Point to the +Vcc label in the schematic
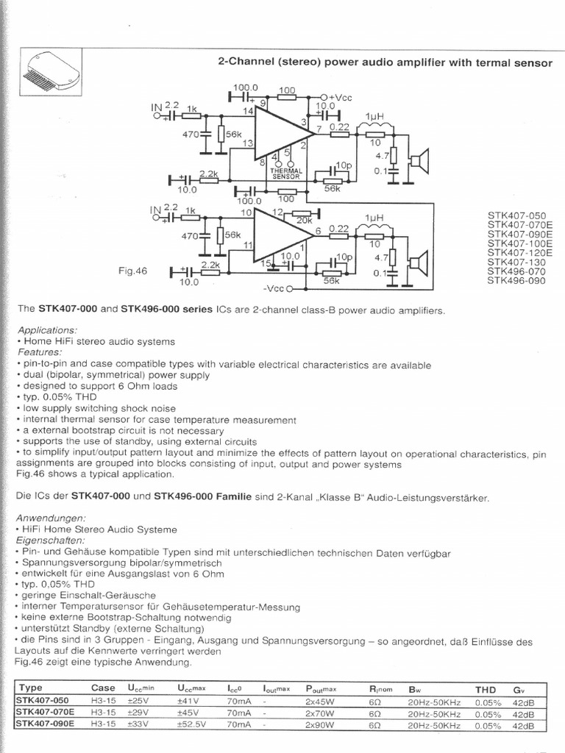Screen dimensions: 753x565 (x=343, y=97)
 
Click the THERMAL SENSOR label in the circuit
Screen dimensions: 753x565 (x=286, y=174)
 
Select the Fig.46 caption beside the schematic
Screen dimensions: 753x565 (x=132, y=271)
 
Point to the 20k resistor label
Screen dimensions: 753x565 (x=303, y=220)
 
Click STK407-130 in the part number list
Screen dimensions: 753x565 (x=515, y=262)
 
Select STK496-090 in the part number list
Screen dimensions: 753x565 (x=515, y=280)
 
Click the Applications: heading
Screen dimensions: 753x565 (x=48, y=329)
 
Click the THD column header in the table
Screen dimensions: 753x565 (x=486, y=689)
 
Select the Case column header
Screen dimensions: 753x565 (x=103, y=689)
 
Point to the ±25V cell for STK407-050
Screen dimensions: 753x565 (x=142, y=701)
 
